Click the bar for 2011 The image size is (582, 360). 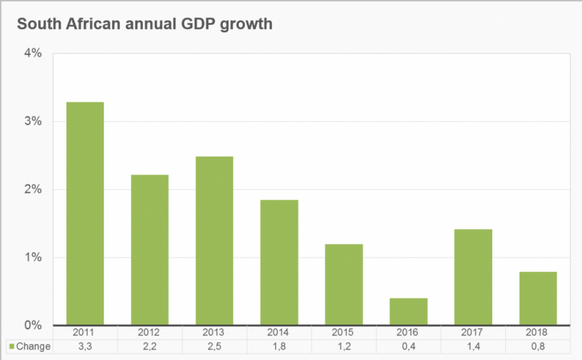85,213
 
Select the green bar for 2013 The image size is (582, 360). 214,241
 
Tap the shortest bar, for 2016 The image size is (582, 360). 409,311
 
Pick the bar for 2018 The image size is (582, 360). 538,298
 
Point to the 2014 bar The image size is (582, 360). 279,262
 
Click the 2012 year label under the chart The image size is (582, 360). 149,333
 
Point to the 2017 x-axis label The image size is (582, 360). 473,333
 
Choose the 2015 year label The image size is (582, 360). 344,333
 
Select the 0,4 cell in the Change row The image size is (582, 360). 409,346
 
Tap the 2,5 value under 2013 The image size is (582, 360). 214,346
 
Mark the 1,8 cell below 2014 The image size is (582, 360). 279,346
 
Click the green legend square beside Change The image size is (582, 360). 11,346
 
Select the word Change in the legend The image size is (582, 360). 34,346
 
